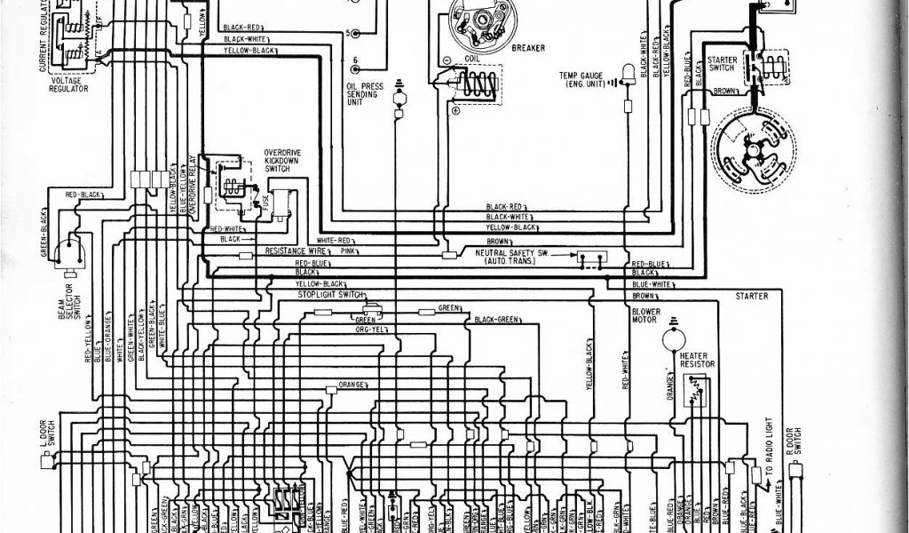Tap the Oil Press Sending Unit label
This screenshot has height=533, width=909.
click(x=365, y=94)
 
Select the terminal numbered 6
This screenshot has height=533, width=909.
click(x=355, y=63)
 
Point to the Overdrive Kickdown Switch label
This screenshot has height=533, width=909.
click(x=282, y=161)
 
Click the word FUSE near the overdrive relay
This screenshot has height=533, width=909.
click(x=265, y=202)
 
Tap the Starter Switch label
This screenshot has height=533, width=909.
click(x=722, y=64)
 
